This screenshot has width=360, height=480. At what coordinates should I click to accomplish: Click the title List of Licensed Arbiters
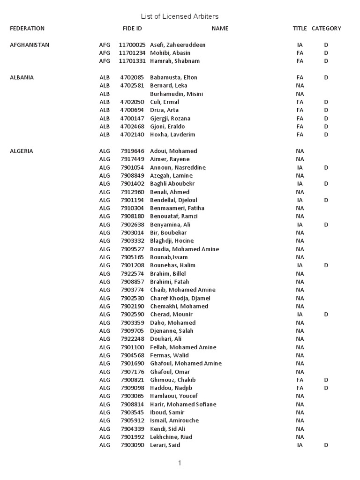180,17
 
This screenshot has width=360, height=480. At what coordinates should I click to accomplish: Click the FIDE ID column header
132,29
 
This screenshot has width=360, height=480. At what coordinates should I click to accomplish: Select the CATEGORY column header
326,29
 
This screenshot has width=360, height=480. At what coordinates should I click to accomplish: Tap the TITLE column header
300,29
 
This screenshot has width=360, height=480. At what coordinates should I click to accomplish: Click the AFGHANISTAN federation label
30,45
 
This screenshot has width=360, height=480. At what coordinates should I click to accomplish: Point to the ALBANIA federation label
22,78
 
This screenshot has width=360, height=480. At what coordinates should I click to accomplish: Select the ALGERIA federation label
22,151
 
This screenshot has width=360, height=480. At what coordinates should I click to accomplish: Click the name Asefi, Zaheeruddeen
178,45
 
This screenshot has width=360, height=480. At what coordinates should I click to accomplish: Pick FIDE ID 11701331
132,61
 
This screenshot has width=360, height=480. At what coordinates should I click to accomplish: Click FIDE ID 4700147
132,119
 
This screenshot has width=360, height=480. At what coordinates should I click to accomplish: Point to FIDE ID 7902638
132,225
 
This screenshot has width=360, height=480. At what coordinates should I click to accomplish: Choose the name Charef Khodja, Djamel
180,298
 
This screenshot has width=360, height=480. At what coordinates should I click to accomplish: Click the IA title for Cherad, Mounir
300,315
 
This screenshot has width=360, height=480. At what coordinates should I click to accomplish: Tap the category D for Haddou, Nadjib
326,388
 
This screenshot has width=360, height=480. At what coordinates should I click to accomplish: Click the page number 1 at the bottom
180,463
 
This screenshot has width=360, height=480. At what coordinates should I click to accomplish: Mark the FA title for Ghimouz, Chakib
300,380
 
